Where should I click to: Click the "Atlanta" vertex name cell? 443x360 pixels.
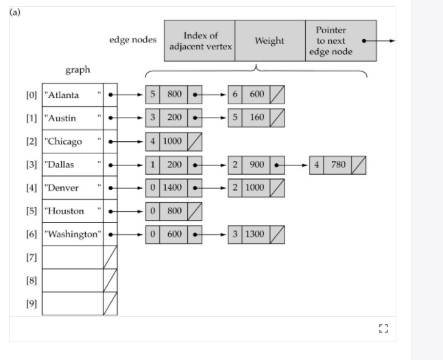click(x=72, y=95)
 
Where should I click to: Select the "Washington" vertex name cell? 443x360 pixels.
click(x=72, y=234)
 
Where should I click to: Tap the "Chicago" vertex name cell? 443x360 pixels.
click(x=72, y=142)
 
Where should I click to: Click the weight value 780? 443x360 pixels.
click(x=337, y=165)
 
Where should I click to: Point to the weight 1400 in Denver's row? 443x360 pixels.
click(x=173, y=188)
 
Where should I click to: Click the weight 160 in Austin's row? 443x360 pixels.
click(x=256, y=118)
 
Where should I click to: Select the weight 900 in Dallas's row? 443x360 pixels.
click(x=256, y=165)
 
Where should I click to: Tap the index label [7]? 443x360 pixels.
click(x=31, y=257)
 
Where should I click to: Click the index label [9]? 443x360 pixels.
click(x=31, y=304)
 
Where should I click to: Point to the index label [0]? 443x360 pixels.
click(x=31, y=95)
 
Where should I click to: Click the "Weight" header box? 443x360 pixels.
click(x=270, y=40)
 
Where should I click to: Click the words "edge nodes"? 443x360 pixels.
click(x=133, y=40)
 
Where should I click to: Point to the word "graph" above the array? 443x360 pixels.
click(x=77, y=70)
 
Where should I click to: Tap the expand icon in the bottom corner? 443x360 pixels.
click(x=383, y=328)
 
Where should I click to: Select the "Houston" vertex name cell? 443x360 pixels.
click(x=72, y=211)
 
